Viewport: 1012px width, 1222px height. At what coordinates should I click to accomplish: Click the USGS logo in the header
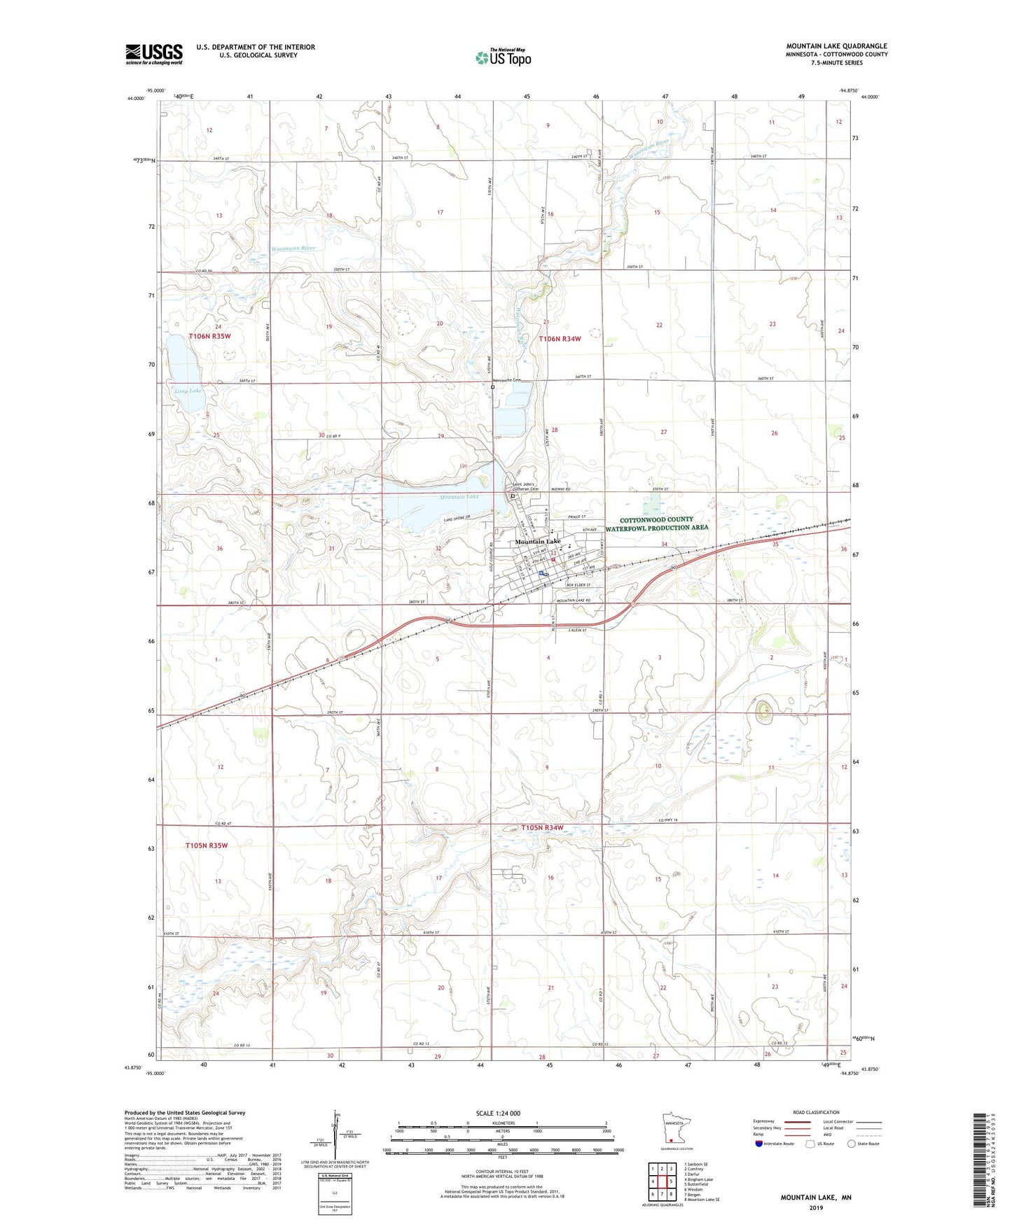[x=153, y=54]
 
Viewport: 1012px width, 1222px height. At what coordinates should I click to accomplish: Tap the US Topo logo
[x=503, y=57]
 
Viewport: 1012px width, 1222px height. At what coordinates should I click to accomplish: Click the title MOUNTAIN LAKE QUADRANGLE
[x=836, y=46]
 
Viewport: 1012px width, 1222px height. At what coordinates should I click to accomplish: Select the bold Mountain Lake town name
[x=537, y=542]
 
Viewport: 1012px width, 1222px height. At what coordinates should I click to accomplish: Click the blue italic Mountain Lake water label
[x=459, y=496]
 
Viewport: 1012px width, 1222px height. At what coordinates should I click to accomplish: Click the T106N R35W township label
[x=209, y=337]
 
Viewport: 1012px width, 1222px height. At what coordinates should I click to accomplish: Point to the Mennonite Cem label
[x=508, y=380]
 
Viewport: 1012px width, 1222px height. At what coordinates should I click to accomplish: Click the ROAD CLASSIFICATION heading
[x=816, y=1112]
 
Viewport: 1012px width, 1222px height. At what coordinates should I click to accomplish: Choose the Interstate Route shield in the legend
[x=759, y=1144]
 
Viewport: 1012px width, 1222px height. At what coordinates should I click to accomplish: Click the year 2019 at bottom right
[x=816, y=1207]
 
